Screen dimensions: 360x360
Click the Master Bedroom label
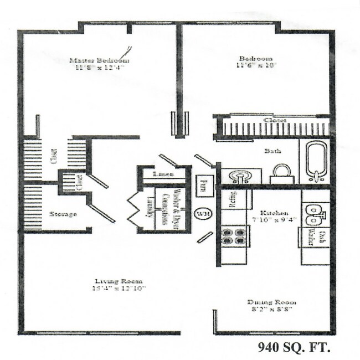pyautogui.click(x=100, y=60)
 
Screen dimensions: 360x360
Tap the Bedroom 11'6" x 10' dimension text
pyautogui.click(x=256, y=65)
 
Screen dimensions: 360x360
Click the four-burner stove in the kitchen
pyautogui.click(x=234, y=236)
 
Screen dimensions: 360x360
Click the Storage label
pyautogui.click(x=63, y=214)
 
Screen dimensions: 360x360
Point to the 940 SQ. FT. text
pyautogui.click(x=294, y=348)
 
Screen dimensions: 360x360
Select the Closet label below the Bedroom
pyautogui.click(x=274, y=120)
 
